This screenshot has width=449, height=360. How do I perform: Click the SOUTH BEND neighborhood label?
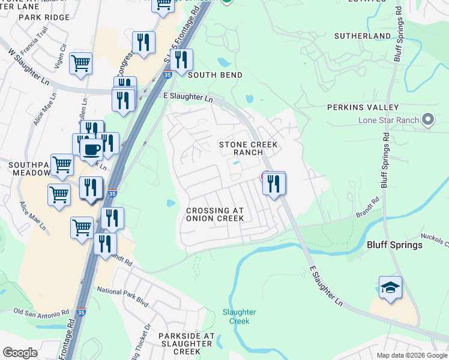click(x=215, y=75)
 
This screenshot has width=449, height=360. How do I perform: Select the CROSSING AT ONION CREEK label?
click(x=215, y=215)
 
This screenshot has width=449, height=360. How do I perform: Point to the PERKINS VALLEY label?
click(x=363, y=107)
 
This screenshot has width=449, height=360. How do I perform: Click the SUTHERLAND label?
click(x=363, y=37)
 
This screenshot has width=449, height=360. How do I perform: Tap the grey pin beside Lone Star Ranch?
click(x=428, y=120)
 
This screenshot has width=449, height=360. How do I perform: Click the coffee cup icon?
click(x=91, y=149)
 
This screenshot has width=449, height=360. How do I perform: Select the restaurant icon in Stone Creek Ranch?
click(x=274, y=183)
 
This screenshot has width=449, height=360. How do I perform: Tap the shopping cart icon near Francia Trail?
click(x=80, y=63)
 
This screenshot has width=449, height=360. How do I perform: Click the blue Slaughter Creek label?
click(x=239, y=316)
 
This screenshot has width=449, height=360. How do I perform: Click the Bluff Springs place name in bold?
click(x=394, y=245)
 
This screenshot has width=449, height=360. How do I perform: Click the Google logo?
click(x=20, y=353)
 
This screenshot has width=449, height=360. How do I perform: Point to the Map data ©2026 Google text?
click(x=411, y=355)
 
